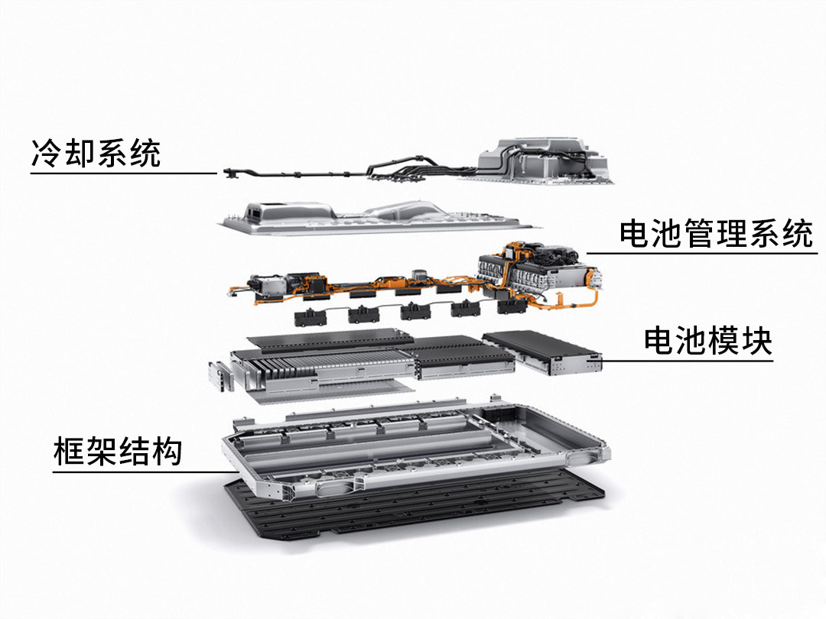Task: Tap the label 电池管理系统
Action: click(715, 234)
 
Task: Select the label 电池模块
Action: click(708, 341)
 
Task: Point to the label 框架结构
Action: click(118, 451)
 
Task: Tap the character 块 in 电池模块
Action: click(757, 341)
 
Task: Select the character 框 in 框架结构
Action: click(69, 451)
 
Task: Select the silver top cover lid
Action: click(379, 216)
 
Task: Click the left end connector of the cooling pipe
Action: click(231, 172)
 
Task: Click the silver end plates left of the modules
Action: click(220, 376)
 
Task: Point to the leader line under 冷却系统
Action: click(124, 173)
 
